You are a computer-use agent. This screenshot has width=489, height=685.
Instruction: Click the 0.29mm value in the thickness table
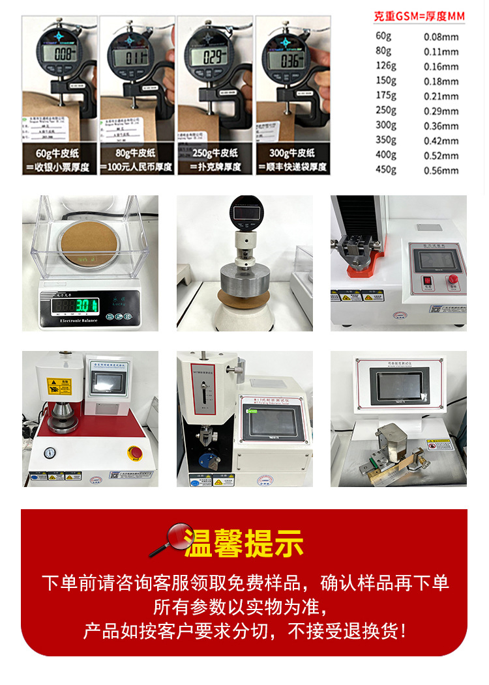441,111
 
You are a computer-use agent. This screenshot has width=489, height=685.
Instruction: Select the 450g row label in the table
386,170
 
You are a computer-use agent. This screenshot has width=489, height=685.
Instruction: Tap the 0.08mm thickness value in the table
441,37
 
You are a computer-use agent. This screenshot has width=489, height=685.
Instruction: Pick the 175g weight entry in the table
386,96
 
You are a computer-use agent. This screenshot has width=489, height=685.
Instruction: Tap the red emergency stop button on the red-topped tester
136,451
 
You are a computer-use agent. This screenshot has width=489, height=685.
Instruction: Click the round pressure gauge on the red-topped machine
49,453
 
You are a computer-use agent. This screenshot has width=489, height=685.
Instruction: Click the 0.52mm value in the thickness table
441,156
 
